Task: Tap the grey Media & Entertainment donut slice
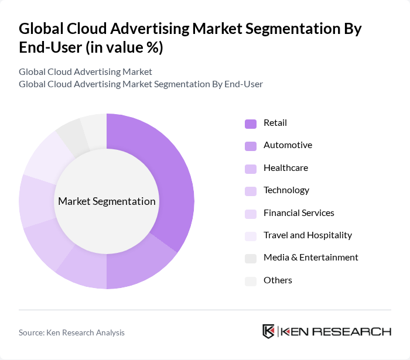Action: pyautogui.click(x=69, y=135)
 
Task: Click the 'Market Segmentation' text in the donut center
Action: pyautogui.click(x=107, y=201)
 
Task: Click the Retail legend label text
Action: pyautogui.click(x=275, y=123)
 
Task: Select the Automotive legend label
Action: pyautogui.click(x=288, y=145)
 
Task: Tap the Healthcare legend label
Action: pyautogui.click(x=285, y=168)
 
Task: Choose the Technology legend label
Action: pyautogui.click(x=286, y=190)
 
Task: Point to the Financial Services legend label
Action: pyautogui.click(x=299, y=212)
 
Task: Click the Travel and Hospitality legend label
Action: pyautogui.click(x=307, y=235)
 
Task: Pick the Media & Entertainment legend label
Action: pyautogui.click(x=310, y=258)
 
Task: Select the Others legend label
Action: pyautogui.click(x=278, y=280)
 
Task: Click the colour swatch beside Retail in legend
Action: pyautogui.click(x=251, y=124)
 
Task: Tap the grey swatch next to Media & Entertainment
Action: pyautogui.click(x=251, y=258)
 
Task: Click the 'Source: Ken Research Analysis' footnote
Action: pyautogui.click(x=71, y=332)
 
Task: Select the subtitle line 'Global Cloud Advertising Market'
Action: pyautogui.click(x=86, y=72)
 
